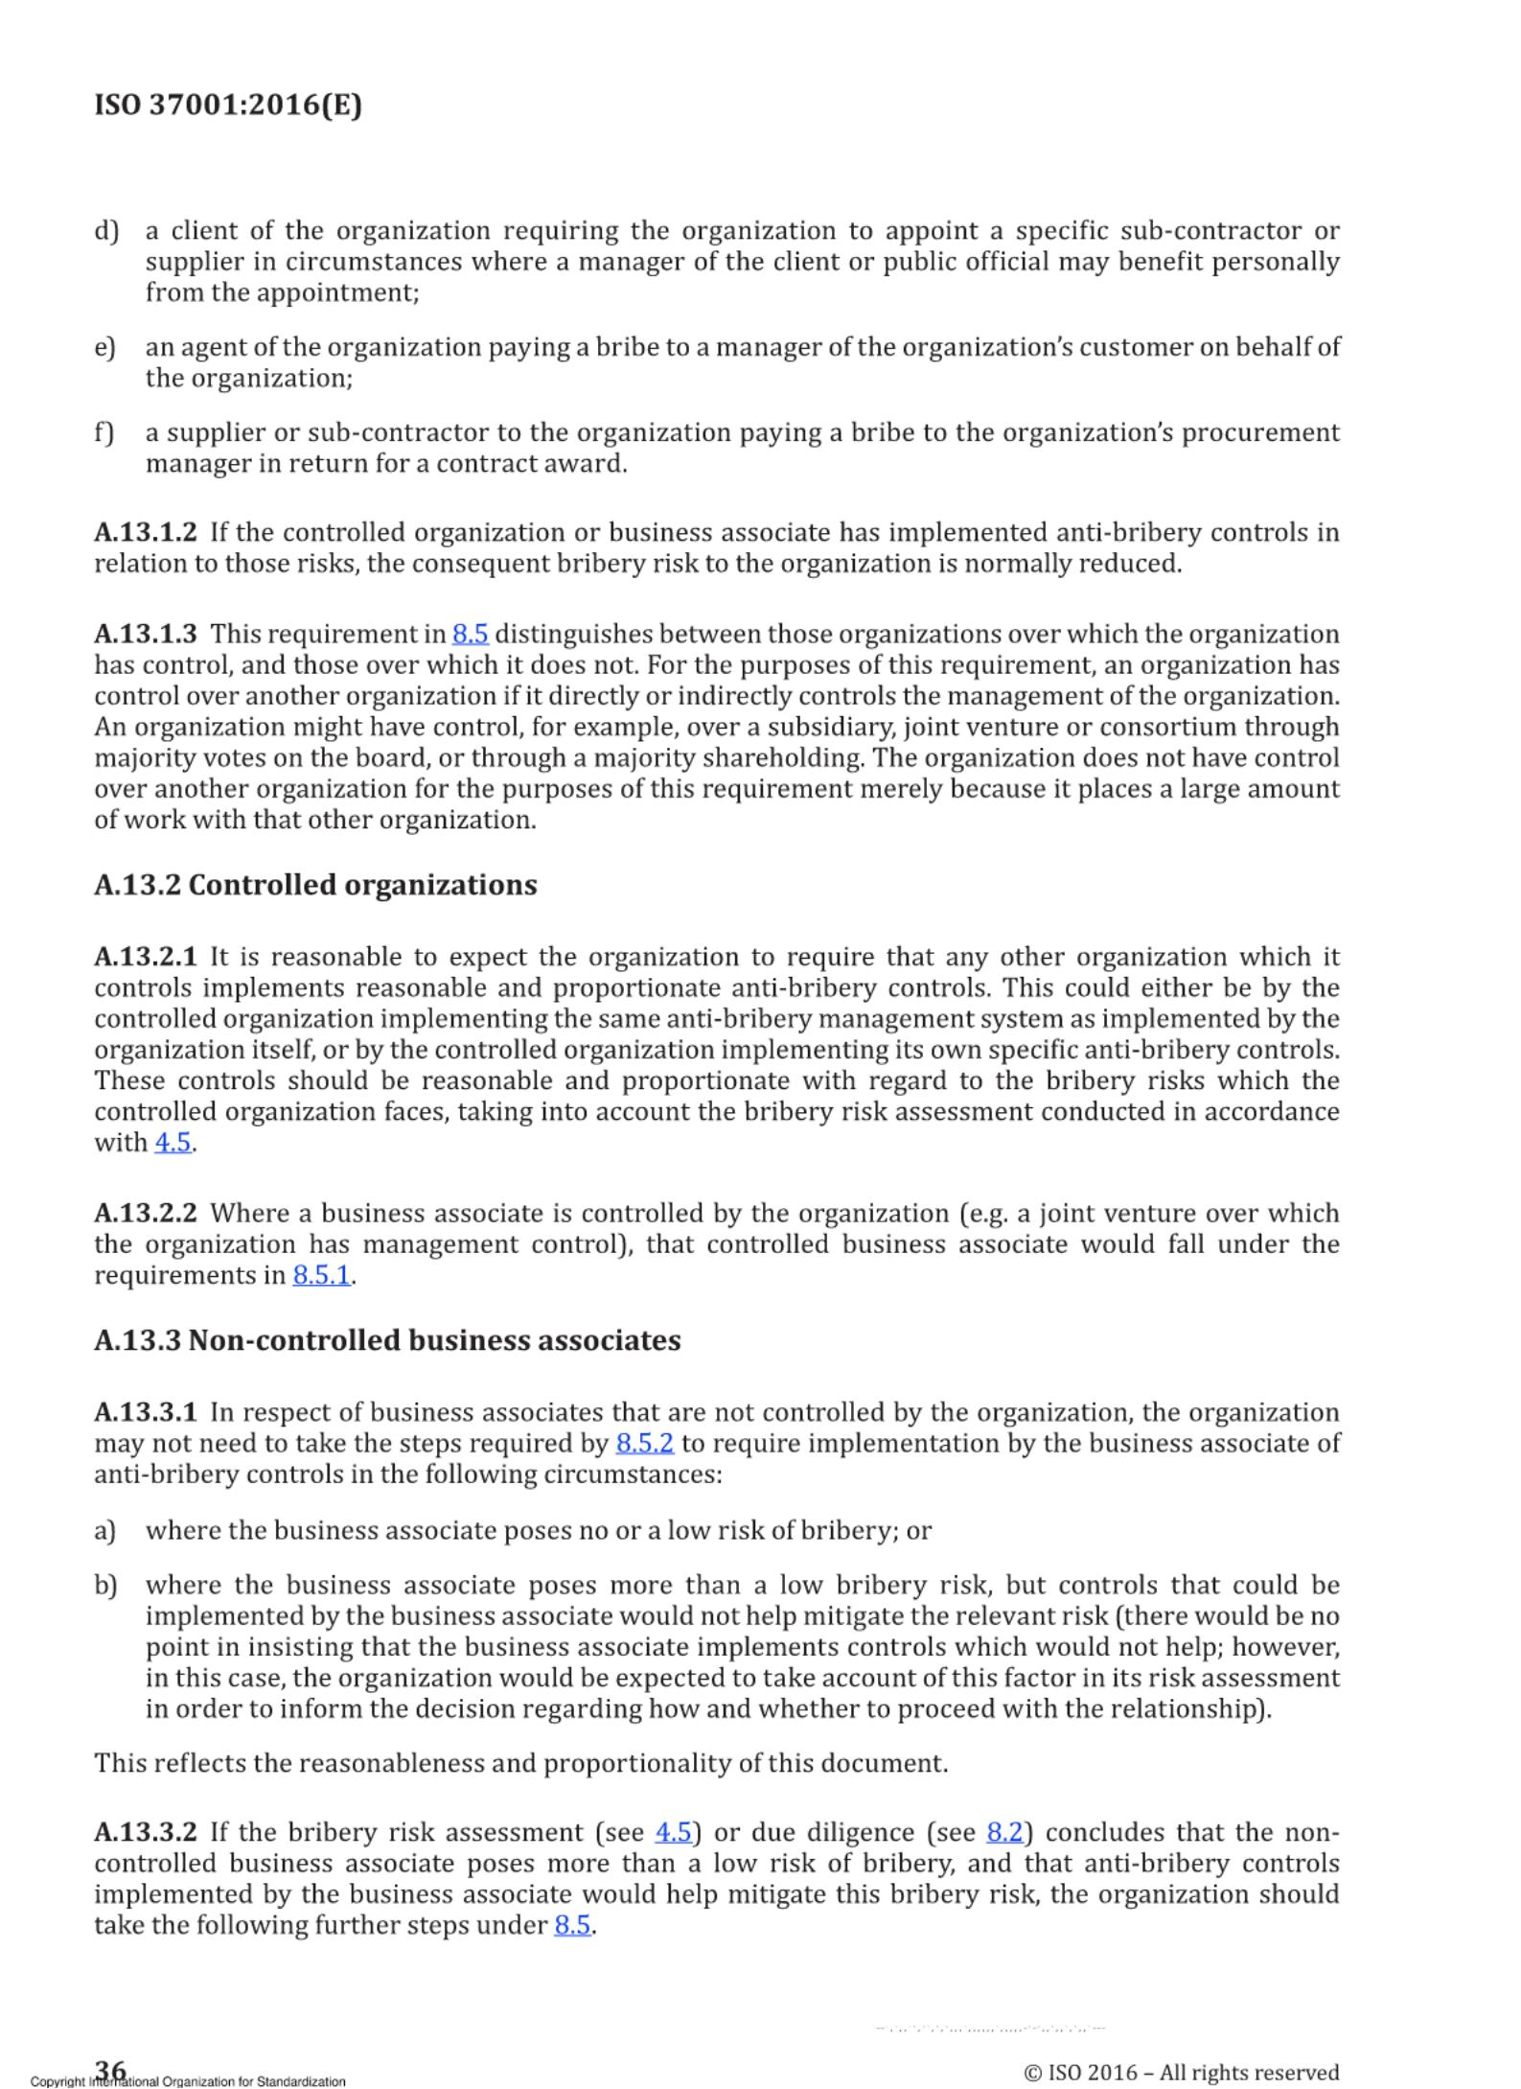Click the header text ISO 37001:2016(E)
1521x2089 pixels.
(228, 104)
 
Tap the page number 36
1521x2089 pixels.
(110, 2069)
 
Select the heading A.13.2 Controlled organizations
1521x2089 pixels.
(315, 884)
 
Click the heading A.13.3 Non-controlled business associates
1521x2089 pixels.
(387, 1339)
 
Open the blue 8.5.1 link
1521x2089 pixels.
(321, 1275)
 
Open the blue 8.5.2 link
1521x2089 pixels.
(645, 1443)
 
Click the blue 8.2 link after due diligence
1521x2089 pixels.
(1004, 1832)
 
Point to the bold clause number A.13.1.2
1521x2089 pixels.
(146, 532)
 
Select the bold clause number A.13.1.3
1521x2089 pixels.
(146, 634)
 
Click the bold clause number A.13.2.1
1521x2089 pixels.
(146, 957)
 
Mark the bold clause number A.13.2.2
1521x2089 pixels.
(146, 1213)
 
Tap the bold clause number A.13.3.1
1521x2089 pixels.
(146, 1412)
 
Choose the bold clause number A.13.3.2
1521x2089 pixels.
(146, 1832)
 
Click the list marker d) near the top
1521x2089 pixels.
(105, 231)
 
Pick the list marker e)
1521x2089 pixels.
(104, 347)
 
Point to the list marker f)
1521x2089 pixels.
(104, 432)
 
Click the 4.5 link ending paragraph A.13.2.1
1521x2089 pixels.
(173, 1142)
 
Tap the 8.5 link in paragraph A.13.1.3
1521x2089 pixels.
(471, 634)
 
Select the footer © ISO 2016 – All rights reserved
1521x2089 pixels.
(1182, 2072)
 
